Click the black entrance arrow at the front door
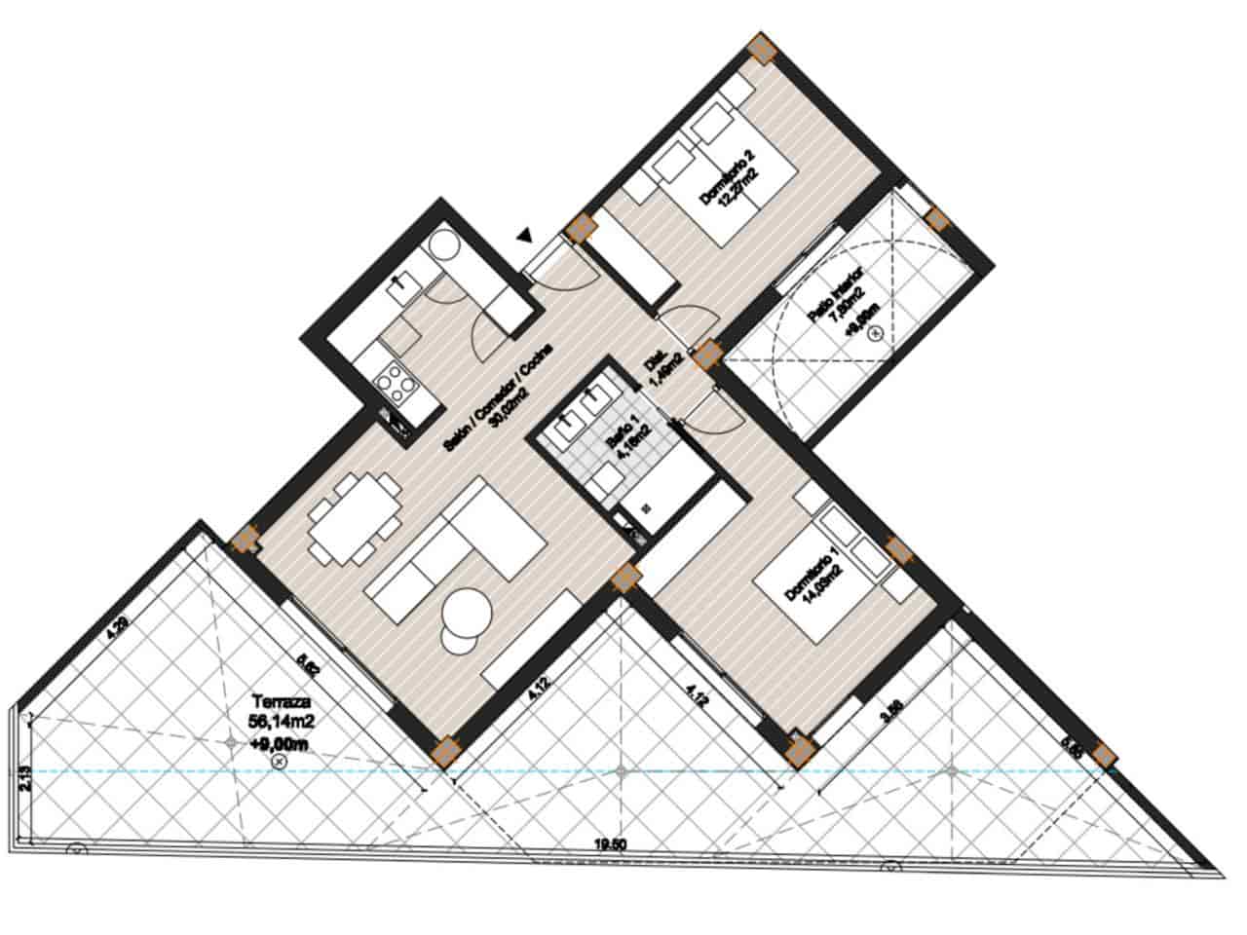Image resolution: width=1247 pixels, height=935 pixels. tap(525, 235)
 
